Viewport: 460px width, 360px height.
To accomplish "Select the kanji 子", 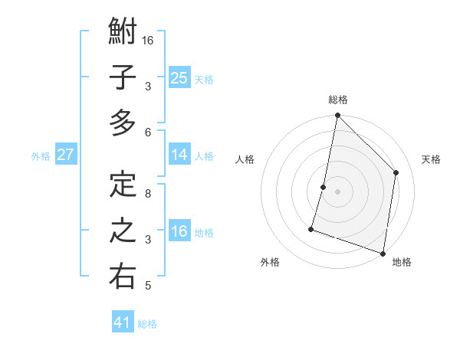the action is click(x=123, y=77).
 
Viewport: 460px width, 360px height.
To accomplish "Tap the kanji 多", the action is click(x=123, y=123).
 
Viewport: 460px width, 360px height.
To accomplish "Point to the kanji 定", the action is click(x=123, y=185).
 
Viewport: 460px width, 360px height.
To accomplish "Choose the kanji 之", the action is click(x=123, y=231).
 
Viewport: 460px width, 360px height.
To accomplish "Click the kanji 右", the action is click(x=123, y=277).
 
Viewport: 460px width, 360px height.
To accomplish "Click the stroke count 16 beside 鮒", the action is click(x=148, y=41).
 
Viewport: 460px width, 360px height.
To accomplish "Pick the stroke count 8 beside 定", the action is click(x=148, y=193).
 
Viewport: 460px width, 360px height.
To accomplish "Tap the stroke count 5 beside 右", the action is click(x=148, y=286).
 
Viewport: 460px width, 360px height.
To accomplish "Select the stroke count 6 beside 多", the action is click(x=148, y=132).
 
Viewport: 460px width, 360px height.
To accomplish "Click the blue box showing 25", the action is click(x=179, y=77).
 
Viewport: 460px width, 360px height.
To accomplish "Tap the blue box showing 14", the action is click(x=179, y=155).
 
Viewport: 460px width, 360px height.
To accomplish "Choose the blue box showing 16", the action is click(x=179, y=231).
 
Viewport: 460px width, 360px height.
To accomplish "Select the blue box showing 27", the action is click(x=65, y=155).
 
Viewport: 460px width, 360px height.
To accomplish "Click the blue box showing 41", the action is click(x=123, y=322).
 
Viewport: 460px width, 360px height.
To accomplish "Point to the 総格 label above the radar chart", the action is click(x=338, y=100).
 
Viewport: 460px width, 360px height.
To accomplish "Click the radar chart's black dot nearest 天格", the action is click(x=396, y=172).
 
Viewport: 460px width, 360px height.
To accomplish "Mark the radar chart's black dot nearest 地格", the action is click(x=383, y=253).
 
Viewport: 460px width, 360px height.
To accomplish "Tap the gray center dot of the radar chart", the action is click(x=337, y=191).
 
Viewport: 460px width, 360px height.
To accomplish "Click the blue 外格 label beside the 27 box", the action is click(x=41, y=156).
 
